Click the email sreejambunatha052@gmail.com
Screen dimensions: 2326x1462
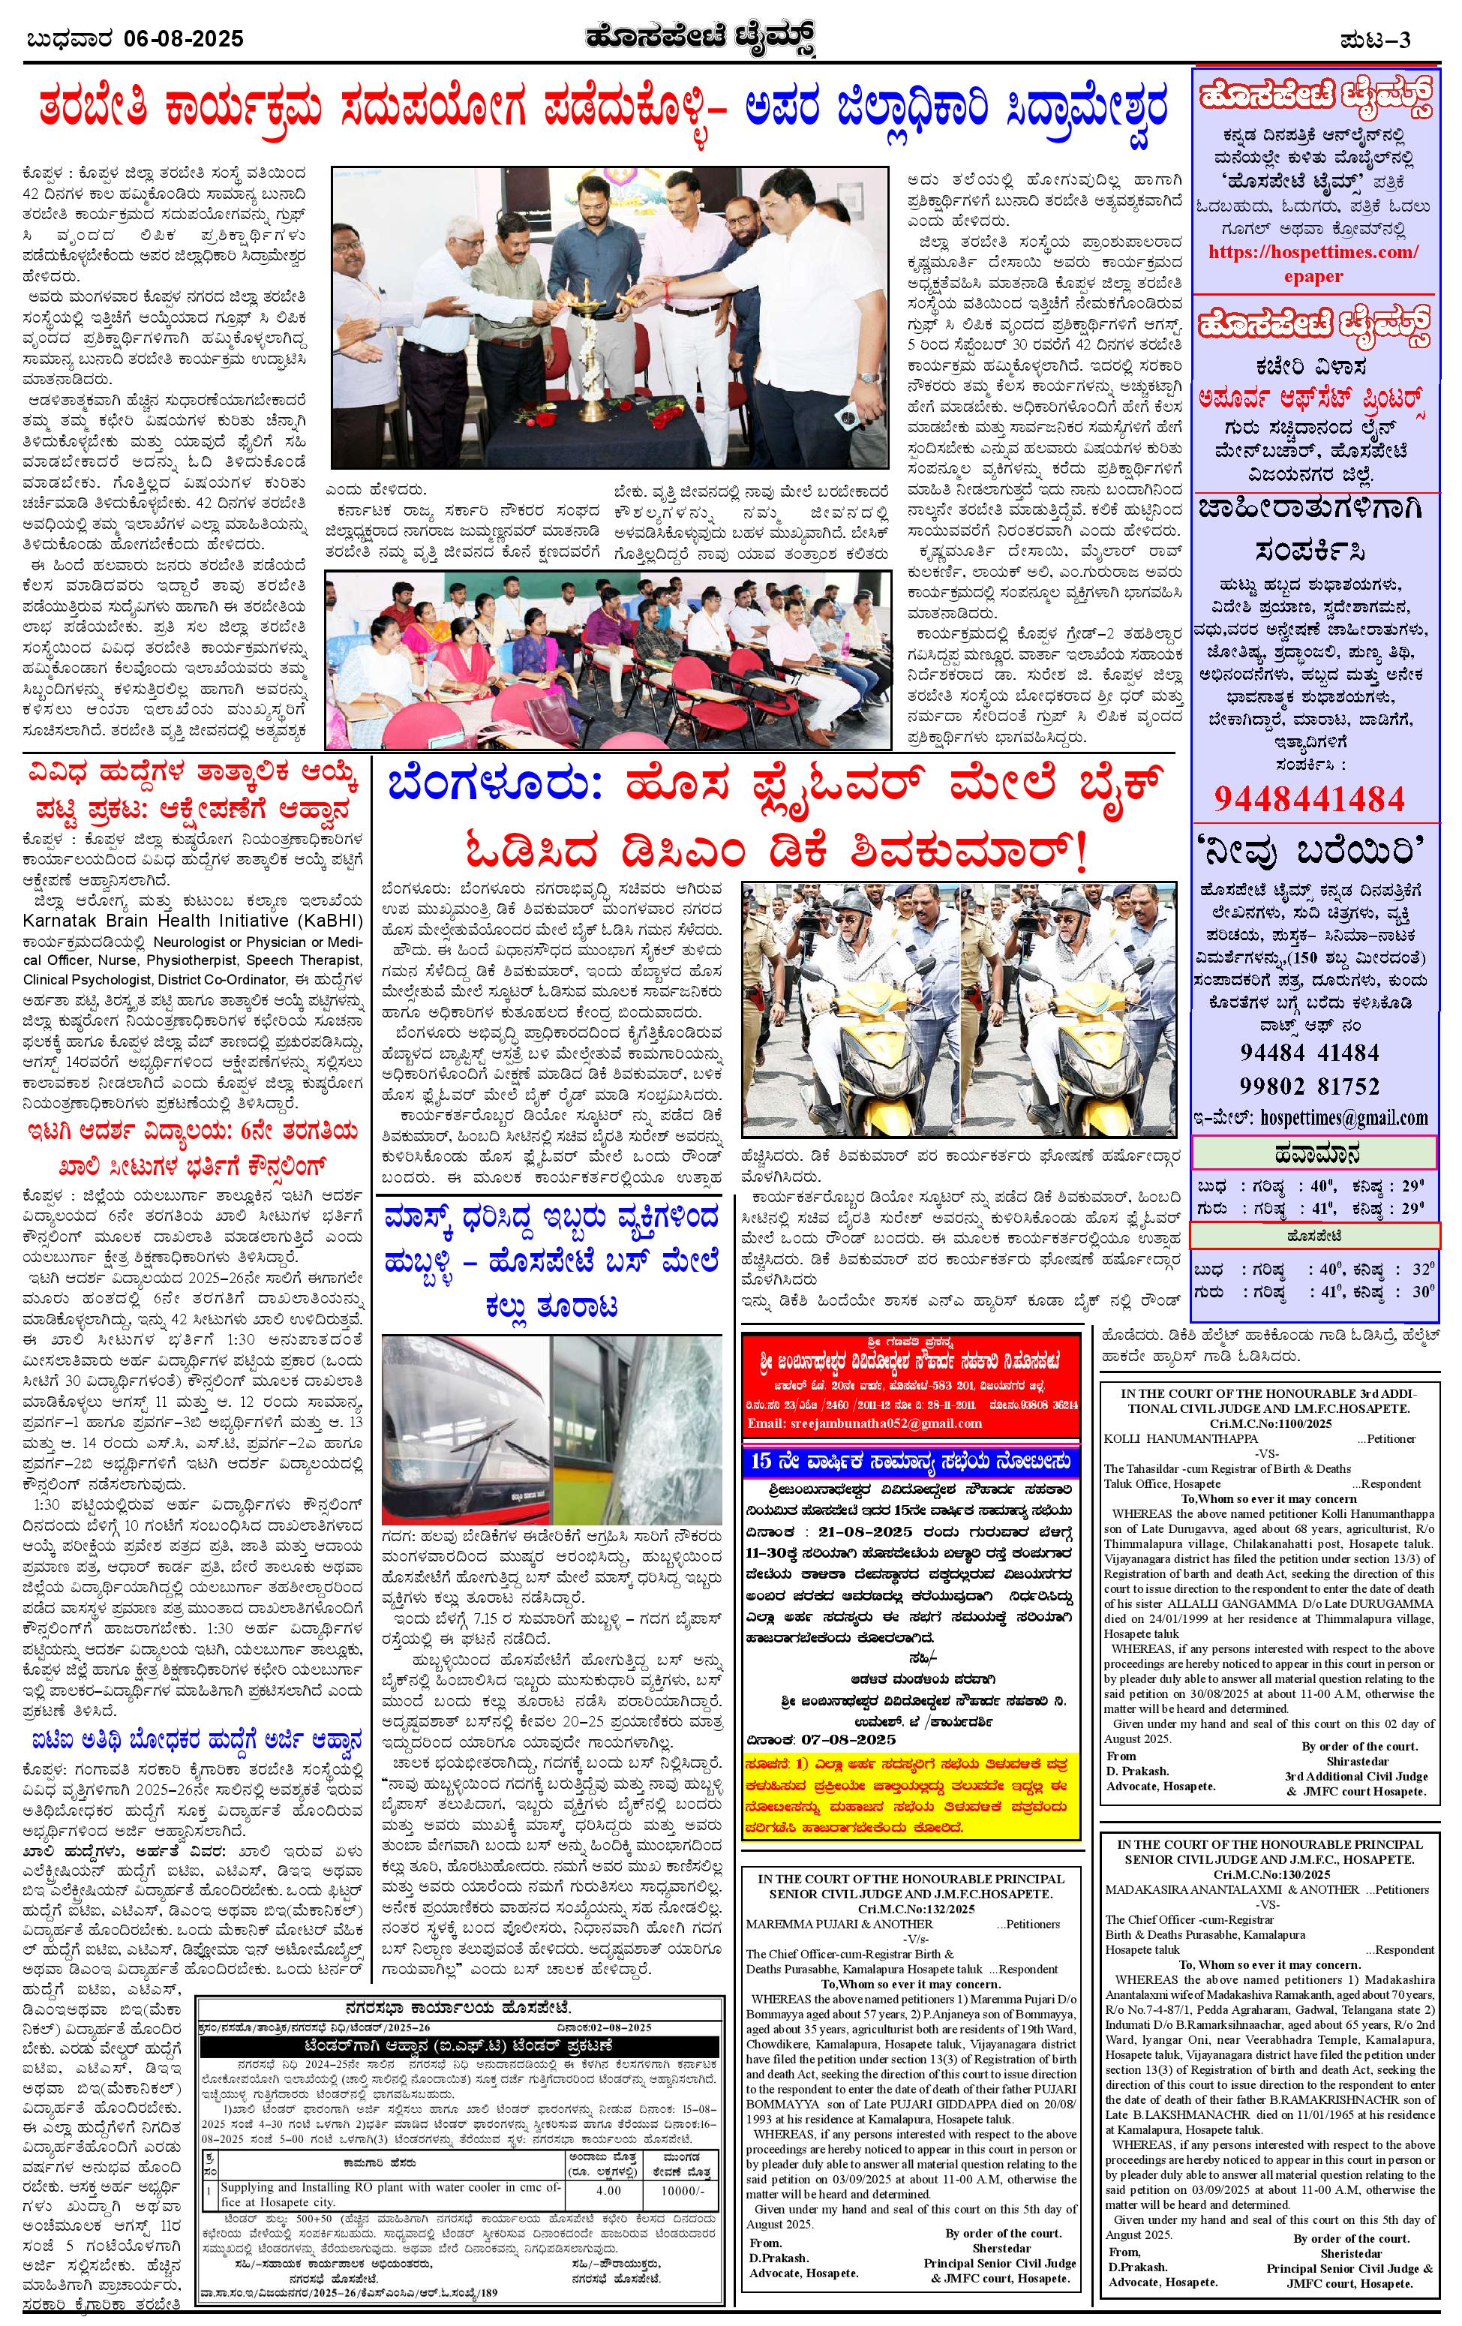click(864, 1423)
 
